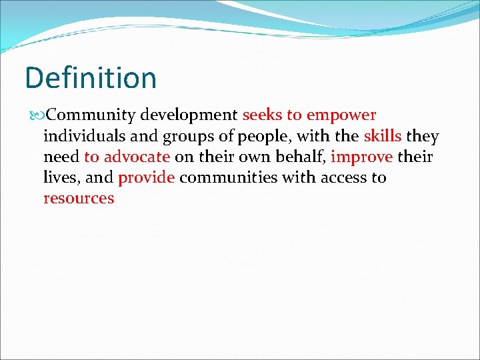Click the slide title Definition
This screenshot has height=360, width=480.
(91, 78)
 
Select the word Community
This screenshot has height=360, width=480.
(88, 115)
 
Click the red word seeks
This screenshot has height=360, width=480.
(263, 115)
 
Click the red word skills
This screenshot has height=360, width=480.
(383, 137)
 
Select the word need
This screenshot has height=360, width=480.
(61, 157)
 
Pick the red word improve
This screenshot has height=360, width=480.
(361, 158)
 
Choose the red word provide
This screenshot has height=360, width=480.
(146, 178)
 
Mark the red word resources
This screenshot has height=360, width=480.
(79, 199)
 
